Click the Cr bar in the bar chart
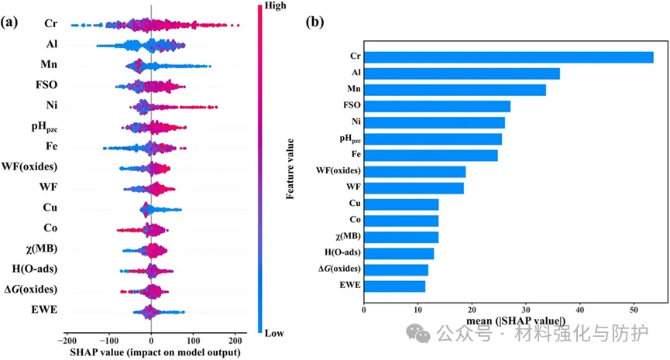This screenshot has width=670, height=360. point(508,57)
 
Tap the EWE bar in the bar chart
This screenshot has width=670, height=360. point(394,286)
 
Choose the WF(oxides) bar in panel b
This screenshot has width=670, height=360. point(414,172)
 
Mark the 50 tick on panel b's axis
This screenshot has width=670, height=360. point(633,310)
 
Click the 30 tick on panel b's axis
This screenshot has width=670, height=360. point(525,310)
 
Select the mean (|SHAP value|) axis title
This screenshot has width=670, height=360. point(516,321)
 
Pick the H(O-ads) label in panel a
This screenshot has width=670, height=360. point(34,268)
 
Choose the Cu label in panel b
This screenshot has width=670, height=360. point(351,204)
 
